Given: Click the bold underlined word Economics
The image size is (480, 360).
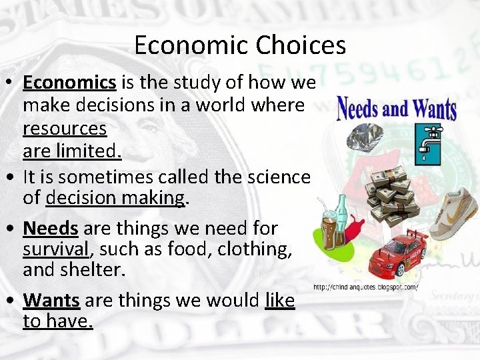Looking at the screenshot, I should (x=70, y=82).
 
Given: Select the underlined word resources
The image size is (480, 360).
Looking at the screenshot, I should (x=65, y=128).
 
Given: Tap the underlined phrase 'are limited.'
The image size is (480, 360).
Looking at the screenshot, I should (x=72, y=151).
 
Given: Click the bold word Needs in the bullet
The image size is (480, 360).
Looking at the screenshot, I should (x=51, y=229).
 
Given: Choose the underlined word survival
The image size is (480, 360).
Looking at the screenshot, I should (x=55, y=249).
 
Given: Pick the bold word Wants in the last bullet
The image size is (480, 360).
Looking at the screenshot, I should (x=51, y=301).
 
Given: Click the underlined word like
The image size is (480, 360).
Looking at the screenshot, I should (x=279, y=301).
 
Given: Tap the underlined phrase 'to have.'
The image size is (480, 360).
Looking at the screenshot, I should (x=58, y=322).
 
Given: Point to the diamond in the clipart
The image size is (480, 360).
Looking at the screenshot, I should (x=364, y=136).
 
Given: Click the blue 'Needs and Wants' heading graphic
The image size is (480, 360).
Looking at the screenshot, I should (x=396, y=108).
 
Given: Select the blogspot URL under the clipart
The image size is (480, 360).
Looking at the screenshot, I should (x=365, y=287).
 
